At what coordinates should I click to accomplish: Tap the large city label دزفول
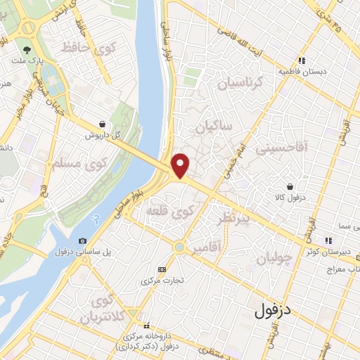[x=276, y=309]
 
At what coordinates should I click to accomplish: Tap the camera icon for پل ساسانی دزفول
[x=84, y=241]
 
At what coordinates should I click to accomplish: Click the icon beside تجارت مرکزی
[x=162, y=269]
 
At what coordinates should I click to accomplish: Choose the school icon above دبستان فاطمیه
[x=302, y=60]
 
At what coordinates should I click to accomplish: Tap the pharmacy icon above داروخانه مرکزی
[x=147, y=326]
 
